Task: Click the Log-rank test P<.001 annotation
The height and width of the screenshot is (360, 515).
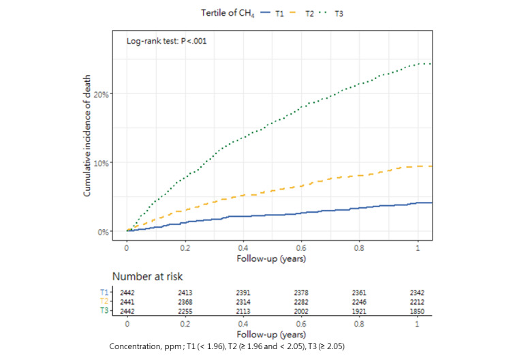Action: coord(167,41)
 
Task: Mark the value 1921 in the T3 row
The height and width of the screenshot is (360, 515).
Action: coord(360,310)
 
